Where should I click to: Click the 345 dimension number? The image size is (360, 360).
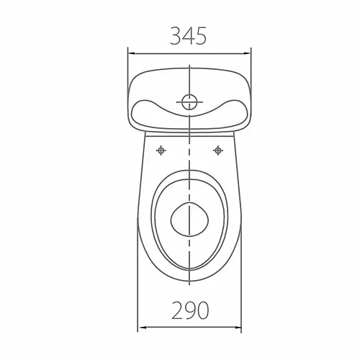click(189, 36)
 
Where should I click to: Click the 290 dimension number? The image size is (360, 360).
click(190, 310)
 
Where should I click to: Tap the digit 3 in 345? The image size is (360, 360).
click(176, 36)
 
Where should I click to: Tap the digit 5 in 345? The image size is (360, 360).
click(201, 36)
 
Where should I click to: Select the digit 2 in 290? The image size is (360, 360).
click(178, 310)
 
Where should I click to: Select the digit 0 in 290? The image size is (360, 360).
click(202, 310)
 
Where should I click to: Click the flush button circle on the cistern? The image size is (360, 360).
click(189, 102)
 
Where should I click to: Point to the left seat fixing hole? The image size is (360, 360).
click(161, 150)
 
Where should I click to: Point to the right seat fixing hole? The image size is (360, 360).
click(218, 150)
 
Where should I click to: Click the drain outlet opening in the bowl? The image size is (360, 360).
click(189, 220)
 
